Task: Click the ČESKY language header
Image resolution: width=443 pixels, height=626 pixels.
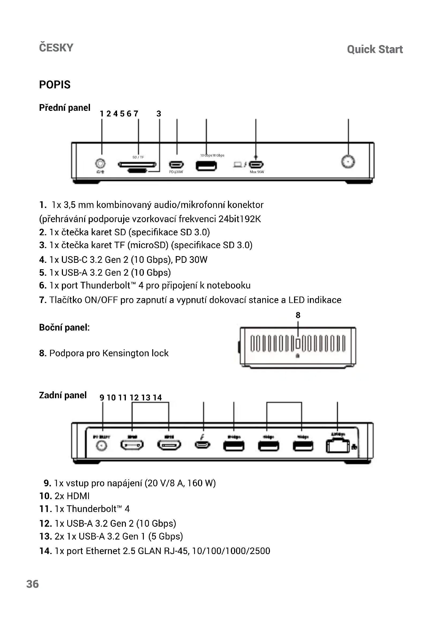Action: pyautogui.click(x=56, y=48)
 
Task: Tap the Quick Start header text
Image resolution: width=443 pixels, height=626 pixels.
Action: pyautogui.click(x=374, y=49)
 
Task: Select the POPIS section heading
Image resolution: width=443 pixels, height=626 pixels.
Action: pyautogui.click(x=55, y=85)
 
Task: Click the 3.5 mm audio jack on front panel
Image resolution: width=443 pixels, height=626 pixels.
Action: pyautogui.click(x=100, y=163)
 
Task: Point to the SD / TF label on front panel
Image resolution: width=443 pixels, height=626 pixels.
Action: pyautogui.click(x=138, y=157)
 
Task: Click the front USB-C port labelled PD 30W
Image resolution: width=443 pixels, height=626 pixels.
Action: pyautogui.click(x=176, y=164)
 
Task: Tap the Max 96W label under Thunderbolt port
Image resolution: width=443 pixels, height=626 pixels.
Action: pyautogui.click(x=257, y=172)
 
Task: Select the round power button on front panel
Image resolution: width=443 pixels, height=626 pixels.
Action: pyautogui.click(x=348, y=162)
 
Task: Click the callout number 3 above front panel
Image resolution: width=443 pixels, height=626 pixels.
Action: pyautogui.click(x=159, y=114)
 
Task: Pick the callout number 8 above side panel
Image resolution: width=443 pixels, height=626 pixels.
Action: pyautogui.click(x=298, y=315)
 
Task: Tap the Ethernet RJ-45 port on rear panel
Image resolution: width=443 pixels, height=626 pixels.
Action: pyautogui.click(x=337, y=446)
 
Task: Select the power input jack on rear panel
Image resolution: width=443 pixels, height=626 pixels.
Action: pyautogui.click(x=102, y=446)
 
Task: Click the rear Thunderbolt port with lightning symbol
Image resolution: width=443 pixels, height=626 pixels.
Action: pyautogui.click(x=202, y=445)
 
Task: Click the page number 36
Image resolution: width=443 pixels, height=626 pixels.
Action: pyautogui.click(x=32, y=584)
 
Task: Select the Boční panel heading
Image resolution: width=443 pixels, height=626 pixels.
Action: pyautogui.click(x=64, y=327)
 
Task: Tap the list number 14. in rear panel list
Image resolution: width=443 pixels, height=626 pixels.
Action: pyautogui.click(x=46, y=551)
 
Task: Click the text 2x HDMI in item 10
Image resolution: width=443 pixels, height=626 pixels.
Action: pyautogui.click(x=72, y=496)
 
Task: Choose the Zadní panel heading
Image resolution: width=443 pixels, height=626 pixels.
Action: pyautogui.click(x=63, y=395)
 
